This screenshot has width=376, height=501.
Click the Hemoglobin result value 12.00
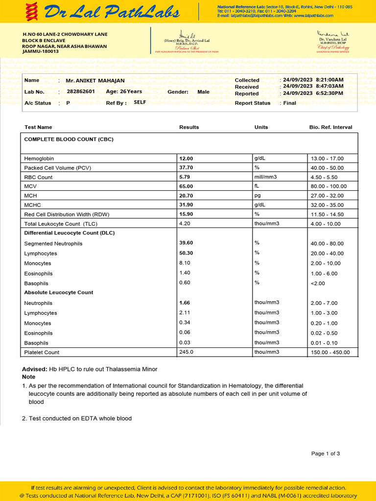186,159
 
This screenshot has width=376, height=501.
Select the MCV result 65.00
186,186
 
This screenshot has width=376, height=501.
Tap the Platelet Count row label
42,352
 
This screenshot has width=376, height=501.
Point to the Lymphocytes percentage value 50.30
186,253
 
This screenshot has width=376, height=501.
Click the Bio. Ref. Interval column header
330,127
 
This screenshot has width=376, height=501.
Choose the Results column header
189,127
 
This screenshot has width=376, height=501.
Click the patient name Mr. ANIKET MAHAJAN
95,81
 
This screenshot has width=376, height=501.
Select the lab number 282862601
81,91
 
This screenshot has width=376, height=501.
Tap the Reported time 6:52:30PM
330,93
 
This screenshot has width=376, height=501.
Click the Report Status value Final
290,103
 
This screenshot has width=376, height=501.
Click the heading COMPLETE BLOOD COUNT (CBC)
69,139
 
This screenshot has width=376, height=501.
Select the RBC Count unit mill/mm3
266,177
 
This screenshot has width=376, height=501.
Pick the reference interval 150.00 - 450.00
330,353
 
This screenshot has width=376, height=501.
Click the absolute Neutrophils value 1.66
185,303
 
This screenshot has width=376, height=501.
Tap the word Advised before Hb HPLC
34,369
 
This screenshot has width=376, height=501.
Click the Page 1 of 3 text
326,454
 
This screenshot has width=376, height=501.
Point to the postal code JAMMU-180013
41,51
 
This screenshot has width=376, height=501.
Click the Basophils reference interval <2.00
318,283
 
